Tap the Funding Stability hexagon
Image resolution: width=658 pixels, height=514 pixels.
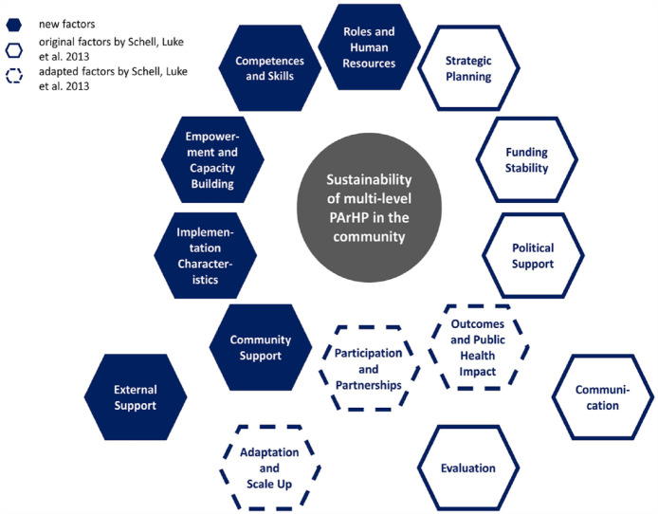tap(526, 160)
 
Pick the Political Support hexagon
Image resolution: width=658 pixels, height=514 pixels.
tap(532, 255)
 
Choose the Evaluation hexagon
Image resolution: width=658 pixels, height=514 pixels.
tap(467, 468)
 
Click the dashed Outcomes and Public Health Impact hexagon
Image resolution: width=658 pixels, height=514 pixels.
tap(473, 347)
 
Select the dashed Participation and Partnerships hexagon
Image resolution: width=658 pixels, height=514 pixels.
tap(369, 369)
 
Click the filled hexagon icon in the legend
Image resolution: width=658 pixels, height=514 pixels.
tap(13, 24)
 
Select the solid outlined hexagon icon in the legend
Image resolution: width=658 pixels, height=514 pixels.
tap(13, 51)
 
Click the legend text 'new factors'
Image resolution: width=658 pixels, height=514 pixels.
tap(65, 24)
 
